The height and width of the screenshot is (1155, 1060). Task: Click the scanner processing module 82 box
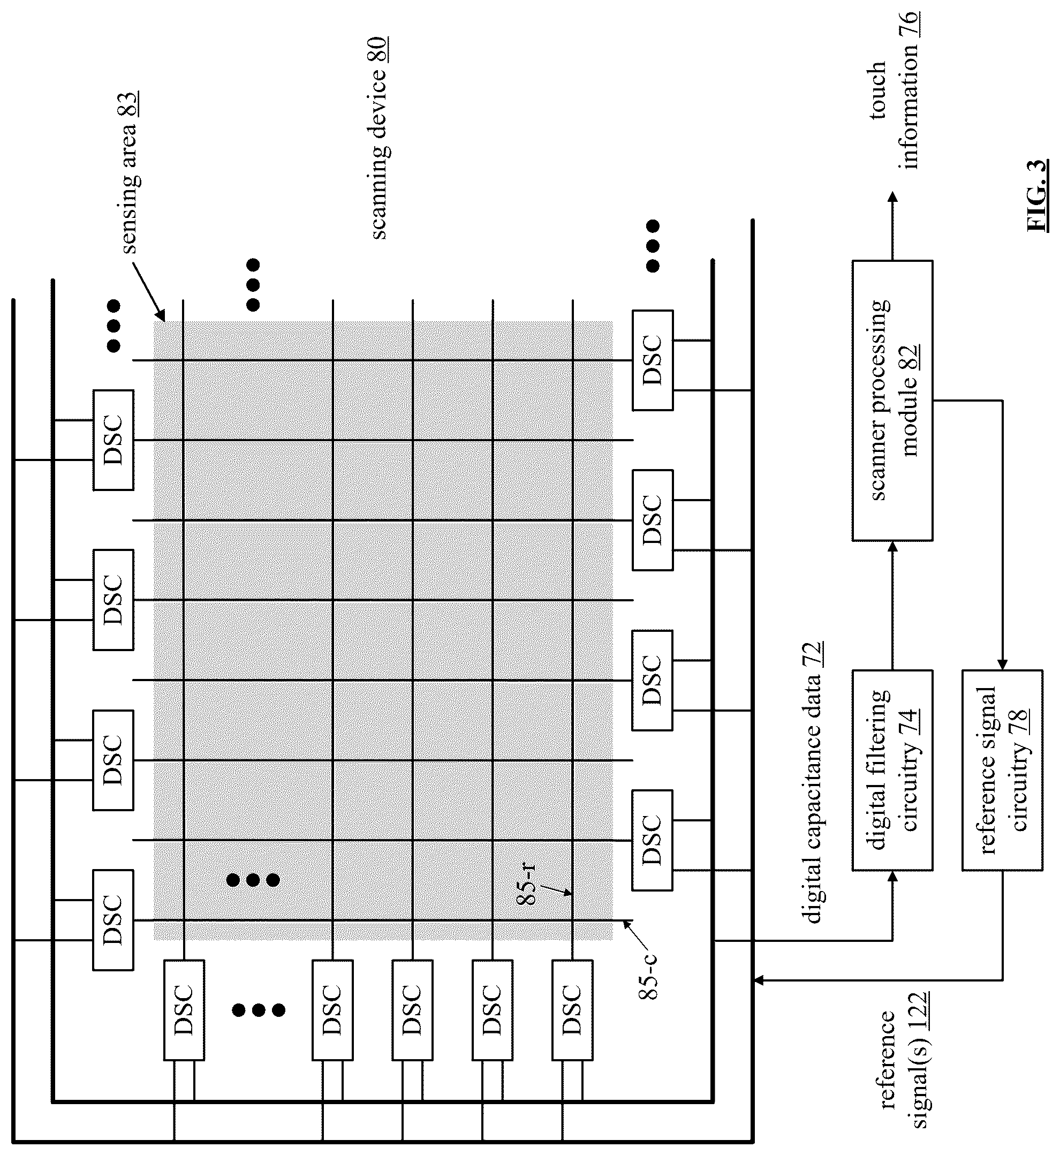point(892,401)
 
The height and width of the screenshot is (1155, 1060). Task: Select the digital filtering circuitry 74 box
point(892,770)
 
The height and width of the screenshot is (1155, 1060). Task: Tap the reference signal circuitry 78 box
point(1002,770)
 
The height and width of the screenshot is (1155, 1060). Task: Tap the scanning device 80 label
point(378,138)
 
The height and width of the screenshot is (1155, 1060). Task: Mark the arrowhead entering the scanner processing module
point(892,546)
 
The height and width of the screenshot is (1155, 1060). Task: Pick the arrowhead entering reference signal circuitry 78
point(1002,665)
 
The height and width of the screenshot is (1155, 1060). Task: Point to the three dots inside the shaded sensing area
point(253,880)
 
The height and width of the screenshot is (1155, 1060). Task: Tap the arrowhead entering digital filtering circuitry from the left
point(892,876)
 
